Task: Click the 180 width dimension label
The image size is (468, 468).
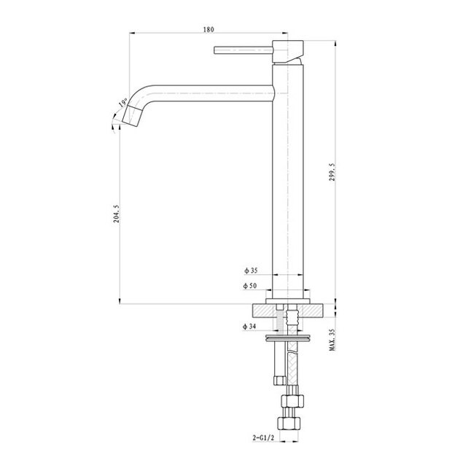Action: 208,30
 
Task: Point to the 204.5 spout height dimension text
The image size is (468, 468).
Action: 117,214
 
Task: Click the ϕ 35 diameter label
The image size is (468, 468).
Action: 251,270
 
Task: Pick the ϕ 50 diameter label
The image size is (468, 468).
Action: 250,286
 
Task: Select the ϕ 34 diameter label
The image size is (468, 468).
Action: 249,327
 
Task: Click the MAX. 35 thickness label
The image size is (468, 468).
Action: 332,340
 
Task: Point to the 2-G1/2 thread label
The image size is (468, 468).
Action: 263,438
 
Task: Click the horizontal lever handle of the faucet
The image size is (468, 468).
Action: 243,50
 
